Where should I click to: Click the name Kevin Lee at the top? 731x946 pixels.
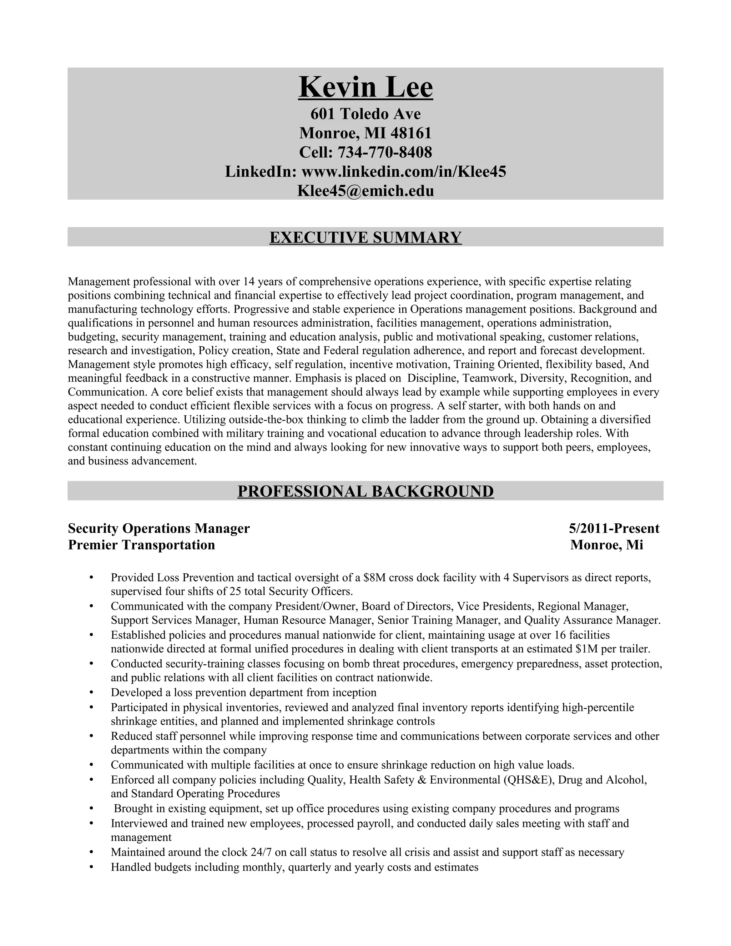[x=365, y=87]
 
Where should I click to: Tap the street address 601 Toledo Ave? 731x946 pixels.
[x=365, y=114]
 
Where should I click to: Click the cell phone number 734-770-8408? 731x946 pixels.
[x=384, y=152]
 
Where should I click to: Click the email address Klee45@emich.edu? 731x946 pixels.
[x=365, y=191]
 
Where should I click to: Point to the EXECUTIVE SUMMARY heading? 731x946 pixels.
[x=365, y=237]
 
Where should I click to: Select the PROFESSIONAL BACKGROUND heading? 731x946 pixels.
[x=365, y=491]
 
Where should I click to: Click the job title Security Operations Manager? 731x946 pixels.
[x=159, y=528]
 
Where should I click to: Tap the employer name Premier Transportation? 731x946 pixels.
[x=142, y=545]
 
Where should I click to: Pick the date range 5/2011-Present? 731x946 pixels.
[x=614, y=528]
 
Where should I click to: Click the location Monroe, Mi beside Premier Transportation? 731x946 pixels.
[x=607, y=545]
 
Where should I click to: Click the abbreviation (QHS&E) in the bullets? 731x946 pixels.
[x=528, y=780]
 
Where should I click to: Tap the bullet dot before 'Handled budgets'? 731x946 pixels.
[x=91, y=867]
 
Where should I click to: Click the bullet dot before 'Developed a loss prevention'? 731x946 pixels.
[x=91, y=693]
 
